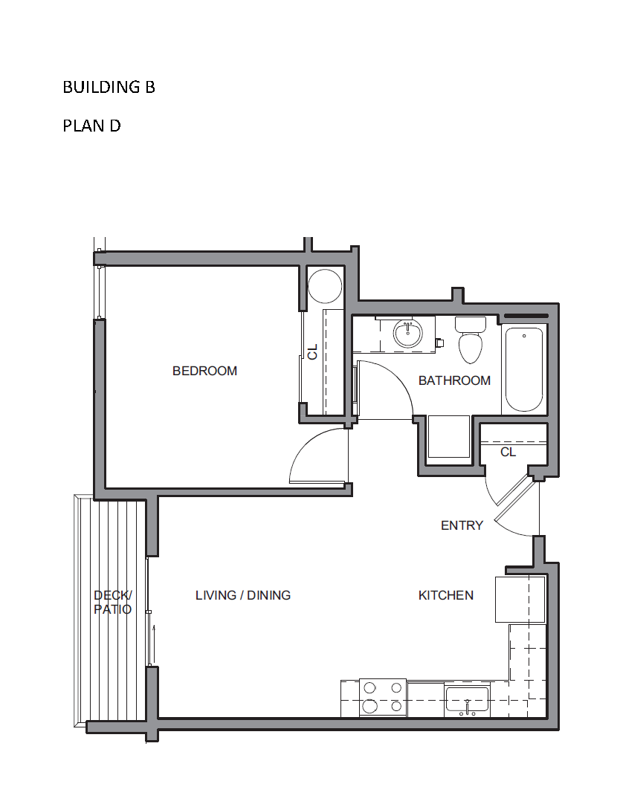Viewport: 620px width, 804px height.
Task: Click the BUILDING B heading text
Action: pyautogui.click(x=109, y=87)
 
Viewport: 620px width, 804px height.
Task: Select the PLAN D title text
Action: pyautogui.click(x=91, y=126)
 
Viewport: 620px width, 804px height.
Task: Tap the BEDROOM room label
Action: pyautogui.click(x=204, y=371)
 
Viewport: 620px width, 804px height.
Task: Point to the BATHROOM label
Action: pyautogui.click(x=454, y=380)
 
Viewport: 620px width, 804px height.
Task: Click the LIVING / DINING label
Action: pyautogui.click(x=243, y=594)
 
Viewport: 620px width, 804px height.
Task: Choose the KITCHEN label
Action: pyautogui.click(x=446, y=594)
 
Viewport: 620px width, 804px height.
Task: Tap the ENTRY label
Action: pyautogui.click(x=462, y=525)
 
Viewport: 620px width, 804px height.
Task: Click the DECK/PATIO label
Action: pyautogui.click(x=113, y=602)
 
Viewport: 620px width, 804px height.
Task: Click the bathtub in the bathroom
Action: pyautogui.click(x=524, y=369)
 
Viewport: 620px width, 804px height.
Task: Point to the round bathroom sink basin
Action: pyautogui.click(x=408, y=334)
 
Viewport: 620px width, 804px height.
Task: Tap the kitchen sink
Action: pyautogui.click(x=467, y=701)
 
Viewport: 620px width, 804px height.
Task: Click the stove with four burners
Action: pyautogui.click(x=383, y=697)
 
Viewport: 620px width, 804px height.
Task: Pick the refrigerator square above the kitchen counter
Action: pyautogui.click(x=520, y=600)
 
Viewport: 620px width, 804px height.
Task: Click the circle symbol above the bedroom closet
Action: pyautogui.click(x=325, y=286)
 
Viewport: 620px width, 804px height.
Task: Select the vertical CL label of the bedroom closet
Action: pyautogui.click(x=312, y=351)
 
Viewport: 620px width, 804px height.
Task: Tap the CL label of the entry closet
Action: pyautogui.click(x=508, y=452)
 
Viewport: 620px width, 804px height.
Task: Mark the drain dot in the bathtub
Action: pyautogui.click(x=524, y=336)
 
